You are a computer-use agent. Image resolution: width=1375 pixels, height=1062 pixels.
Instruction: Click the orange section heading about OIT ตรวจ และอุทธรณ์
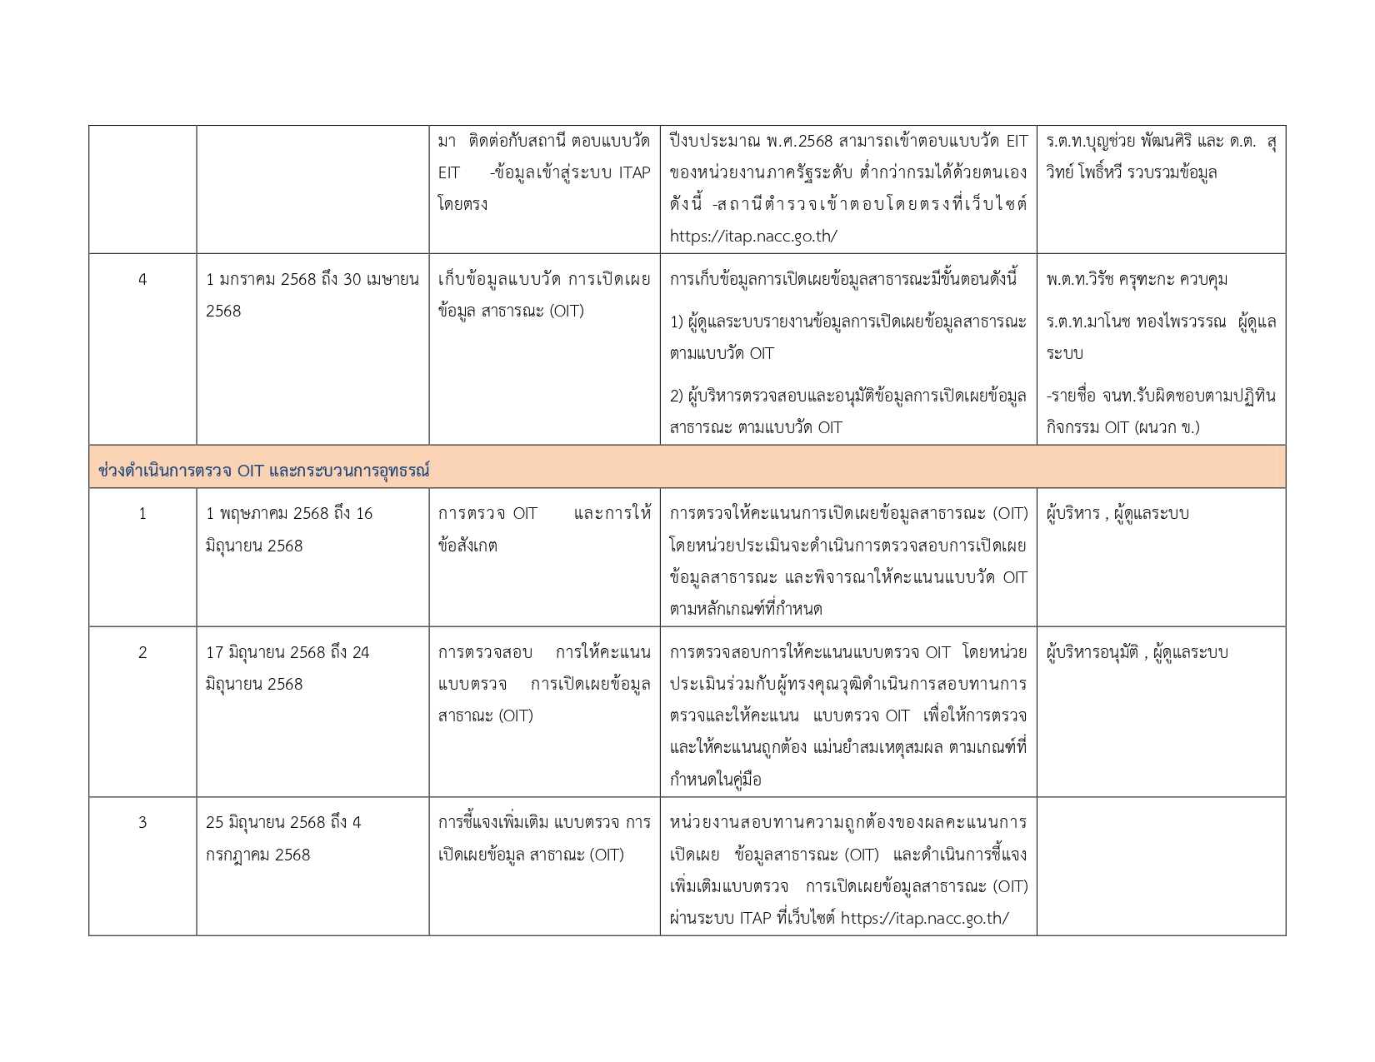point(263,471)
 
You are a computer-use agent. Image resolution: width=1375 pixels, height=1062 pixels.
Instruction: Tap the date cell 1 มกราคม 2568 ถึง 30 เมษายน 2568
point(312,295)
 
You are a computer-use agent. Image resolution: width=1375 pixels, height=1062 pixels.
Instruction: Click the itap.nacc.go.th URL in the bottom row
point(924,918)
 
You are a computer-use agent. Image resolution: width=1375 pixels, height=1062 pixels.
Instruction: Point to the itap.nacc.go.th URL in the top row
point(753,236)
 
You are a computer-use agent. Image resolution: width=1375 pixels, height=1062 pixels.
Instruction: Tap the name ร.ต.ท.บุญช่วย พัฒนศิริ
point(1117,142)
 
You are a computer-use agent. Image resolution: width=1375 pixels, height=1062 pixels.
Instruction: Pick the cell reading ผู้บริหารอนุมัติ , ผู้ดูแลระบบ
point(1137,652)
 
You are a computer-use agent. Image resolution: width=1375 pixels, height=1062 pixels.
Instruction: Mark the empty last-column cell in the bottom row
point(1161,866)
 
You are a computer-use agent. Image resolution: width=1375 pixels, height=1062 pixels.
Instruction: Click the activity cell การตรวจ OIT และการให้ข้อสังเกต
point(544,529)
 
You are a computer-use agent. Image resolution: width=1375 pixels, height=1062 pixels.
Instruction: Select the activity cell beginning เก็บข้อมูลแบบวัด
point(544,295)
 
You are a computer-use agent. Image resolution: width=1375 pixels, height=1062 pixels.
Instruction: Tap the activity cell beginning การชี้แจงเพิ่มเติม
point(544,838)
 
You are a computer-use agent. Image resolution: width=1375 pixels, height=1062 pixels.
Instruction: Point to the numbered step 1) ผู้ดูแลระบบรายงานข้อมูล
point(847,337)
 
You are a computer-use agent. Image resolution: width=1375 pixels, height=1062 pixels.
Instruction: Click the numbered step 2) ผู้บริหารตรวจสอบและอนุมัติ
point(847,411)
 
